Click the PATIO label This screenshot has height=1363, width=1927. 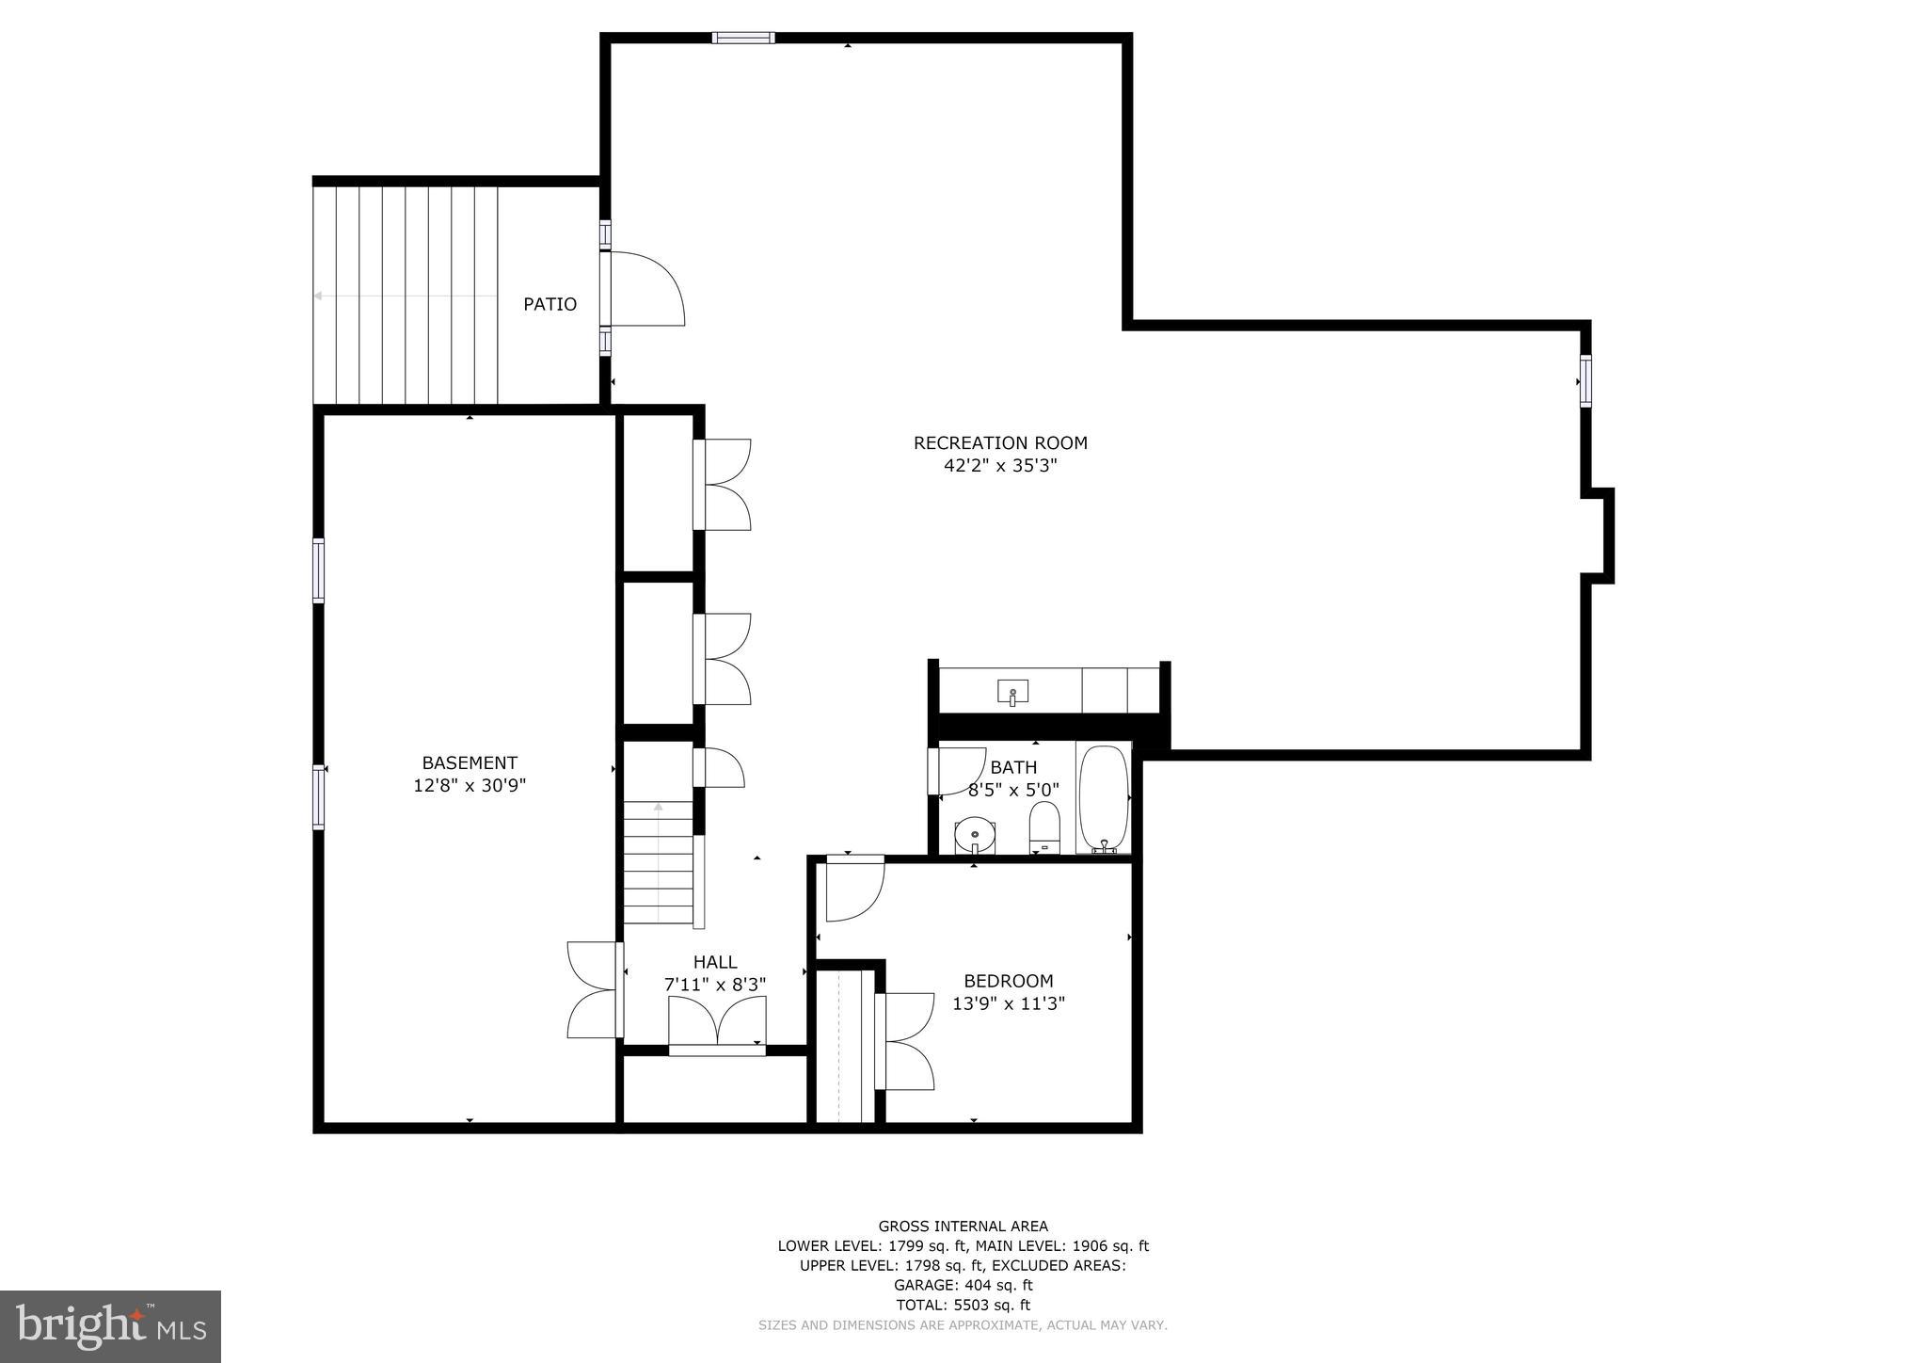[549, 304]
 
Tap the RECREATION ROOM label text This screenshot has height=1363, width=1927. [1000, 442]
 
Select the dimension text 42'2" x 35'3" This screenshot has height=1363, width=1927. [1000, 466]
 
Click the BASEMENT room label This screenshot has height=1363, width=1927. [469, 762]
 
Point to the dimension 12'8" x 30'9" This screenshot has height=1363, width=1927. [469, 785]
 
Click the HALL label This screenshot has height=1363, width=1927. [715, 962]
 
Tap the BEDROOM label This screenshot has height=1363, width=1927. [1008, 981]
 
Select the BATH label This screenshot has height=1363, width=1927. [1013, 767]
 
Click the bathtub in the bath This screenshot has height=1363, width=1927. [1103, 798]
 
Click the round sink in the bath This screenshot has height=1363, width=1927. [976, 834]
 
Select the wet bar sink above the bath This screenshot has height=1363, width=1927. [1012, 692]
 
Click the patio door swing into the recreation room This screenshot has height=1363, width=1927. [647, 289]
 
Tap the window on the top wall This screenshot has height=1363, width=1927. [742, 38]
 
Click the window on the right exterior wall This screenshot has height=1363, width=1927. [1585, 381]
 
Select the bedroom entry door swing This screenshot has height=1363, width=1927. [853, 890]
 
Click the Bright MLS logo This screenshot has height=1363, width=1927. [110, 1326]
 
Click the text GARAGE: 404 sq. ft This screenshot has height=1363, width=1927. [963, 1285]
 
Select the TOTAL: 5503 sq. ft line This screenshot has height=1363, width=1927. [963, 1305]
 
